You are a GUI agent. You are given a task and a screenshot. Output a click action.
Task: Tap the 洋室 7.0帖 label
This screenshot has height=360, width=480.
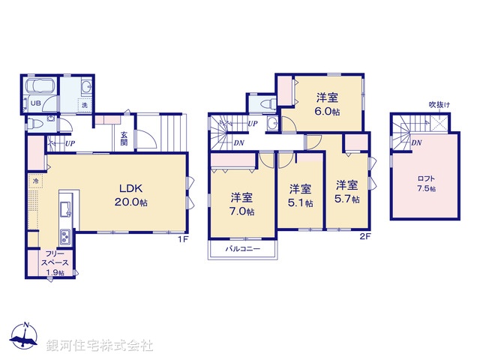tap(242, 204)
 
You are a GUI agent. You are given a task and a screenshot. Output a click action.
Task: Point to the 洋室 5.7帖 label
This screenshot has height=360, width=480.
tap(347, 192)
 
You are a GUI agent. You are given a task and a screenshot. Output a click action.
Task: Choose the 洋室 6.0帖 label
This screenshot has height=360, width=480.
tap(328, 103)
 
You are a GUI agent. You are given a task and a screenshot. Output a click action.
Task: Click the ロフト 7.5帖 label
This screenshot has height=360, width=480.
tap(426, 183)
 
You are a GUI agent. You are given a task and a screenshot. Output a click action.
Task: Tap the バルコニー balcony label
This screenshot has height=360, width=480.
tap(242, 247)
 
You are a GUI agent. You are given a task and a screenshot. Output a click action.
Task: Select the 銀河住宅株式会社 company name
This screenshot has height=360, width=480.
tap(99, 346)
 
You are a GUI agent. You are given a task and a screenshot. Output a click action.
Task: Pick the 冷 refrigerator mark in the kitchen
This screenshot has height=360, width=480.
tap(35, 181)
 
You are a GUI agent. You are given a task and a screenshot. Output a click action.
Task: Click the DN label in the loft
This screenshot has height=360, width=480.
tap(416, 142)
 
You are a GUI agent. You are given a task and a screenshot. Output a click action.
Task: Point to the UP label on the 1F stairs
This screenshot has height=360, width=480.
tap(70, 143)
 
